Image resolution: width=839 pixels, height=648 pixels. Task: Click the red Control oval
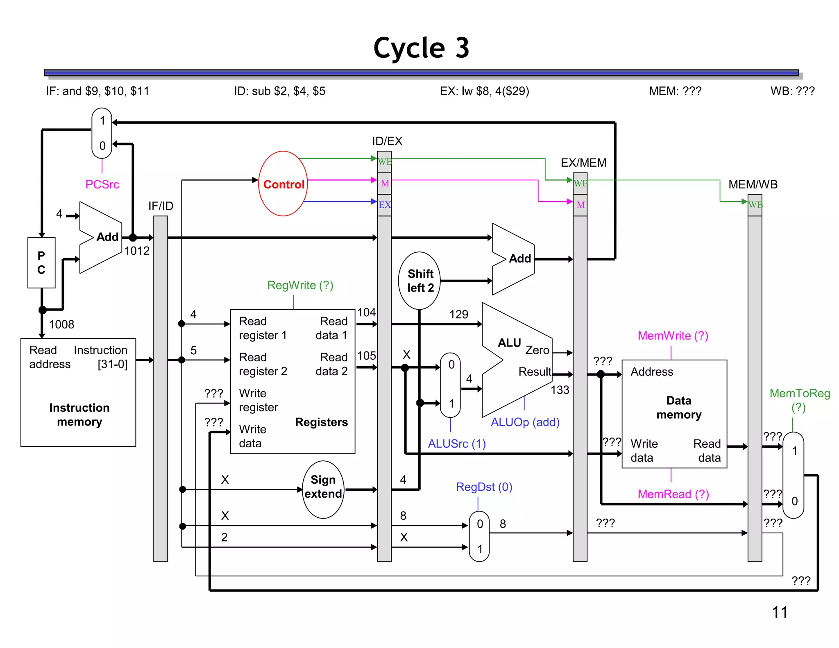point(283,184)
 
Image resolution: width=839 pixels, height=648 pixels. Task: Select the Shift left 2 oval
point(419,281)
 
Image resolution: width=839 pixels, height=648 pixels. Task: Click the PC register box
point(41,263)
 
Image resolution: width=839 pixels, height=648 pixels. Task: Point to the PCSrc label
point(102,184)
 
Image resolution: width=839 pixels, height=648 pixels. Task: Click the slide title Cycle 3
point(421,48)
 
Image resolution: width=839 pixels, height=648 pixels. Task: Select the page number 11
point(780,612)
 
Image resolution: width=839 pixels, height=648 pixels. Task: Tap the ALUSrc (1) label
point(456,444)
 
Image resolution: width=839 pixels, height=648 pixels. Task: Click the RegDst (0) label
point(484,487)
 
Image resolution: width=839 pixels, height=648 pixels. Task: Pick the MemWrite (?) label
point(673,335)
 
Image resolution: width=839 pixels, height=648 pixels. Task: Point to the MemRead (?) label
point(673,494)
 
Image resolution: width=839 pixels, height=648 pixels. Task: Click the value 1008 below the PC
point(61,324)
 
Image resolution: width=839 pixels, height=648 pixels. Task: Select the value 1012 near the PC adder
point(137,251)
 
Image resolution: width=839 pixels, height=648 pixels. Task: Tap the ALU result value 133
point(560,390)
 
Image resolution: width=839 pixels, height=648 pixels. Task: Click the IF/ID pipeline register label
point(161,206)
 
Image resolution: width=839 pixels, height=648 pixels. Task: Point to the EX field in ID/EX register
point(384,205)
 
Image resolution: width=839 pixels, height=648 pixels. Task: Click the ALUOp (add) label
point(525,422)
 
